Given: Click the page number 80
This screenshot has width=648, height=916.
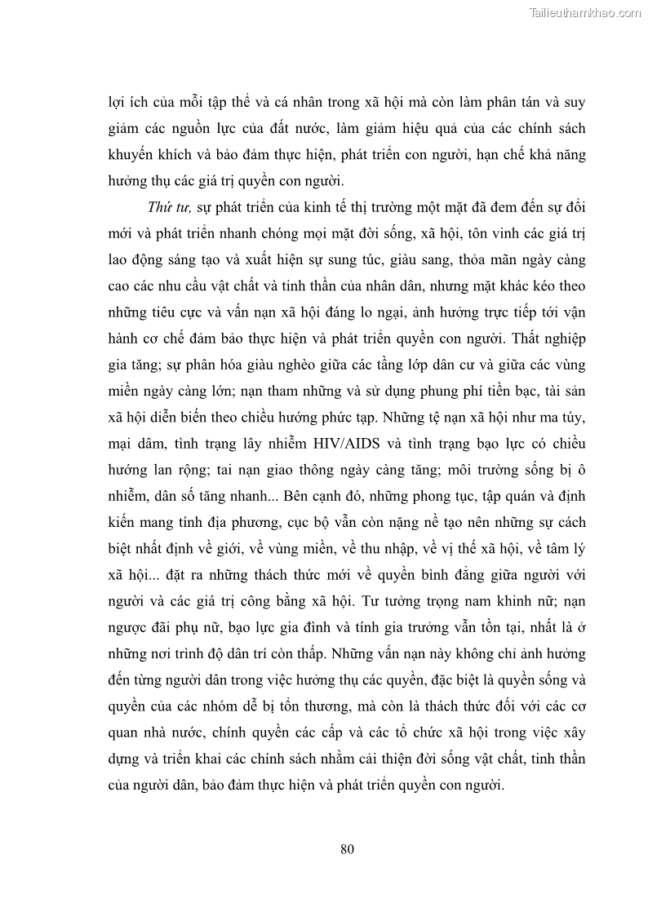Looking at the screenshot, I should click(x=347, y=848).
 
